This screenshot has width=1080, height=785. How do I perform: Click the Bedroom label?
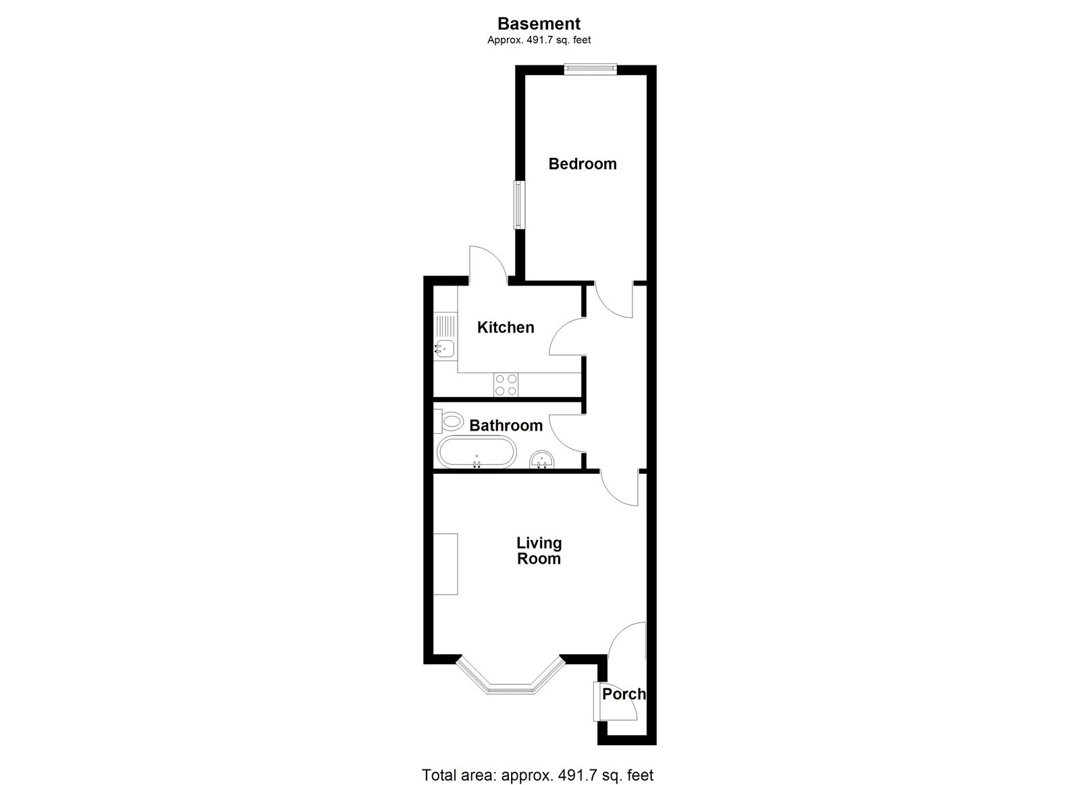tap(582, 164)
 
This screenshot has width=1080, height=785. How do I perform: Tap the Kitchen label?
tap(506, 327)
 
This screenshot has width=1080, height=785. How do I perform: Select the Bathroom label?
tap(506, 425)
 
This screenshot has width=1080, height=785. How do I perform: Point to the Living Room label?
tap(539, 551)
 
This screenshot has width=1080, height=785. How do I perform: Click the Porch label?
tap(623, 694)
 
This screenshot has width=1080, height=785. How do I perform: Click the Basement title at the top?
tap(539, 24)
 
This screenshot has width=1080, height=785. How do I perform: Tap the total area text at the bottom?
tap(537, 775)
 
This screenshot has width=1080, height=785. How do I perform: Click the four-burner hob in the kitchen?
tap(506, 384)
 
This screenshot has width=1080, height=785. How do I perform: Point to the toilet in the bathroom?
tap(450, 421)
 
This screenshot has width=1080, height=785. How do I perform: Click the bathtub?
tap(477, 452)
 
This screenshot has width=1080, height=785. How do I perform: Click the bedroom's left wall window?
tap(518, 205)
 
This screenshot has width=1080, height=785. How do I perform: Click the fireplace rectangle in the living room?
tap(446, 564)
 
